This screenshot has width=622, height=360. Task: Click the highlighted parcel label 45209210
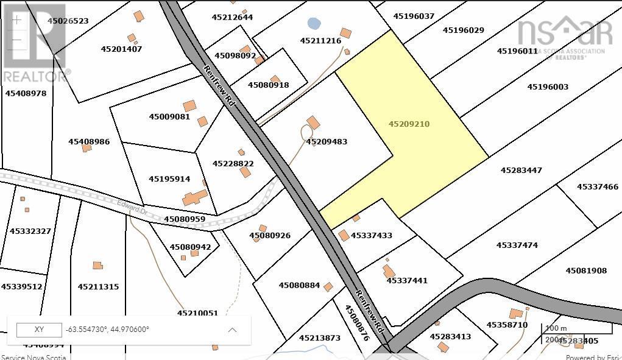[409, 124]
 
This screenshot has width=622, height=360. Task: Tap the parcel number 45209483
[327, 142]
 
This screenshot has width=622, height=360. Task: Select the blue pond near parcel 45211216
[314, 24]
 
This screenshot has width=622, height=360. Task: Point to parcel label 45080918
[268, 85]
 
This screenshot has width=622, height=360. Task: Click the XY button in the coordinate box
[39, 330]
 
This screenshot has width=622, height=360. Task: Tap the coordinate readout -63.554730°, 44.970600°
[107, 330]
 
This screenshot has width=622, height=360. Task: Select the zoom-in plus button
[17, 20]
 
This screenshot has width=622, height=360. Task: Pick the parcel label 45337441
[407, 281]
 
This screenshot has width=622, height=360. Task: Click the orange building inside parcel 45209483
[313, 122]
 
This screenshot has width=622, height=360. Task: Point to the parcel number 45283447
[521, 171]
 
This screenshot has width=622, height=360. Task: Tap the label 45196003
[548, 87]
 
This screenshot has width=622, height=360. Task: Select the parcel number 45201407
[121, 49]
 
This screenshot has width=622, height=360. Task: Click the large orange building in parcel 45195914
[195, 198]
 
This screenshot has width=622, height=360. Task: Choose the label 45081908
[586, 270]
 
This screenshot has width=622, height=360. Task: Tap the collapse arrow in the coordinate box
[232, 330]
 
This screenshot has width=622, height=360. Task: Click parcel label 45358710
[507, 325]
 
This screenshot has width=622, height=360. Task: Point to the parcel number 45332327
[30, 231]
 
